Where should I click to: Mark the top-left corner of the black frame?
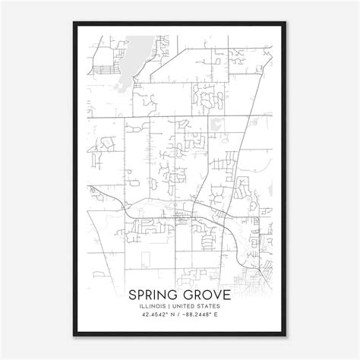74,23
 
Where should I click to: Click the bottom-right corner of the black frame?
286,337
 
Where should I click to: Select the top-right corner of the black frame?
286,23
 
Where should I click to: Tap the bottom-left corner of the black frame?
74,337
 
